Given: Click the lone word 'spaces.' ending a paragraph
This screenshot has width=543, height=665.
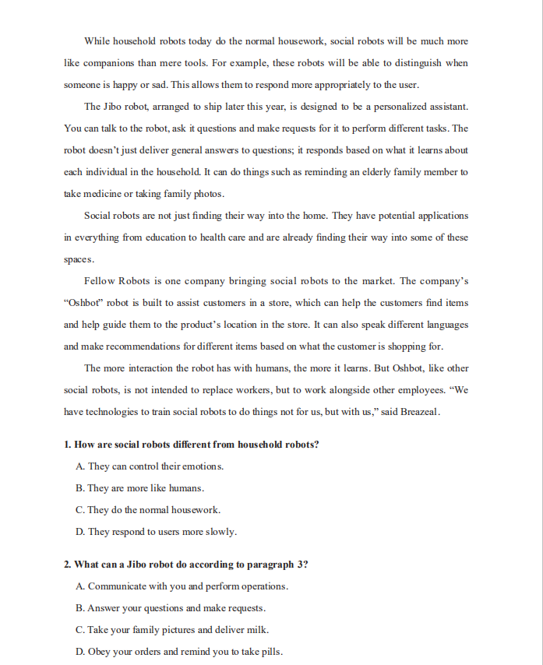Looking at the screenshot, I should tap(79, 259).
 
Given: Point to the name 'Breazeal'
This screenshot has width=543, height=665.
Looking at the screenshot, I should tap(419, 412).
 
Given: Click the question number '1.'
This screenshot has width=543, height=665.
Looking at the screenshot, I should tap(68, 445).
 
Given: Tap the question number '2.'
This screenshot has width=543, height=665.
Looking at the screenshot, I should tap(68, 564).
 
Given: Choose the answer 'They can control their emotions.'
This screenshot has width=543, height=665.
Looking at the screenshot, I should tap(150, 466).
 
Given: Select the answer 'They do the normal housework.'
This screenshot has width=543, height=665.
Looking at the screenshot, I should tap(148, 510).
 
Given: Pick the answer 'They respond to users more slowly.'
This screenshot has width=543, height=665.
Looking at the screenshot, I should tap(156, 532).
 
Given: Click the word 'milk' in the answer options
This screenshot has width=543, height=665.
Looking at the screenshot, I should tap(258, 629).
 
